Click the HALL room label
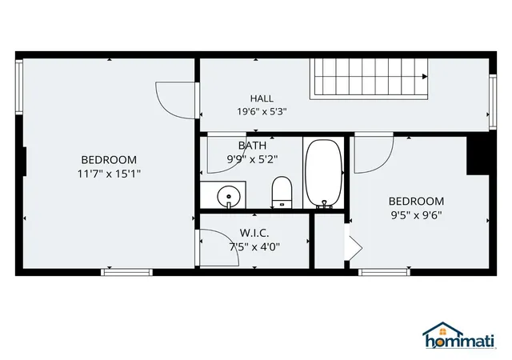point(262,98)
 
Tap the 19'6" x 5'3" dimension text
point(262,112)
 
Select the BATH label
point(252,146)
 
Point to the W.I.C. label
point(254,233)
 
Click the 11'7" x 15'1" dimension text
point(109,174)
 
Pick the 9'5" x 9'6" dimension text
point(416,215)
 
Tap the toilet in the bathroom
point(282,192)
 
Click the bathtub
point(323,174)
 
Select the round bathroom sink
point(229,197)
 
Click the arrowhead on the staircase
point(425,77)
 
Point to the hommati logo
point(458,335)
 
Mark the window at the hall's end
point(493,102)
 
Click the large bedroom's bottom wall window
point(126,272)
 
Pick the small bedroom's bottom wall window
point(384,272)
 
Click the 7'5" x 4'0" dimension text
point(254,247)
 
